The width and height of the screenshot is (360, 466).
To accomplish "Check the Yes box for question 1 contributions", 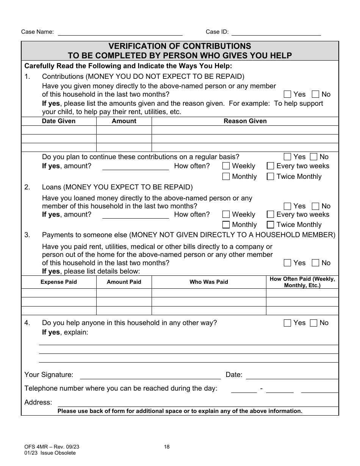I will tap(288, 94).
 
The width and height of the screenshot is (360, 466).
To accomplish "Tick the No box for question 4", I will tap(314, 323).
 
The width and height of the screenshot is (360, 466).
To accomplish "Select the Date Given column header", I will tap(59, 121).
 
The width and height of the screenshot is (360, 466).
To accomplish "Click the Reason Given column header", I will tap(245, 121).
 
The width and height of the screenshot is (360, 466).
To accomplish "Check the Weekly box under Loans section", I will tap(226, 214).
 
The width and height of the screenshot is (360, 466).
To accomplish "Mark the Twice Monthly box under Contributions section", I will tap(271, 177).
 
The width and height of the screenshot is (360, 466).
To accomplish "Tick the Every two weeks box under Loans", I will tap(271, 214).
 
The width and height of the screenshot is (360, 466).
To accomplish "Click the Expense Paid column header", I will tap(59, 282).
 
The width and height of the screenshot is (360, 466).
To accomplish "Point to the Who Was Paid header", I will tap(209, 282).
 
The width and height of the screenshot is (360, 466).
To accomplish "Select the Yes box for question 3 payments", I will tap(288, 263).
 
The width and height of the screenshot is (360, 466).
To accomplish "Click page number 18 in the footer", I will tap(167, 447).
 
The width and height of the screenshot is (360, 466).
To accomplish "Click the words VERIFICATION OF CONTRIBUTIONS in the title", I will tap(180, 46).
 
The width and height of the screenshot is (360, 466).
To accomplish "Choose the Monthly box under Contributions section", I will tap(226, 177).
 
